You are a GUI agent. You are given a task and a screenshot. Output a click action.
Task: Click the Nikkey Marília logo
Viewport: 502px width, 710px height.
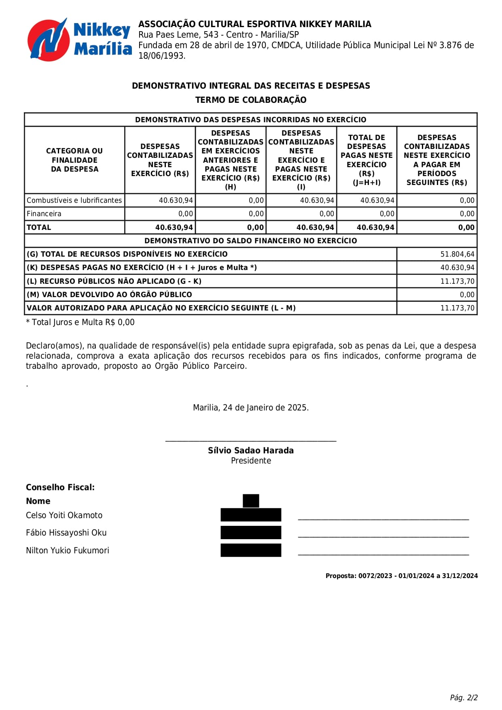click(x=79, y=40)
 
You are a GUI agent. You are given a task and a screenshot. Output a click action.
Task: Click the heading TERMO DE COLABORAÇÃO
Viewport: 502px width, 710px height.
click(x=251, y=100)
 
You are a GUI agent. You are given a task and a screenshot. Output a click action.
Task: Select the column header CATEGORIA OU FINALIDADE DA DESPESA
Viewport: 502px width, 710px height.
click(x=74, y=160)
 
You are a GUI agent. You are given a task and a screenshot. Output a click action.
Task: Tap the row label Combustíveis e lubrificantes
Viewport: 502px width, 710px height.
click(x=74, y=200)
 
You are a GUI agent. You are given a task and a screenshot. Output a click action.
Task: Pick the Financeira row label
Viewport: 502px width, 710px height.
click(x=44, y=214)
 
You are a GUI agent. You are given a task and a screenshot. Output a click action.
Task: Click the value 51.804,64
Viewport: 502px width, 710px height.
click(x=457, y=254)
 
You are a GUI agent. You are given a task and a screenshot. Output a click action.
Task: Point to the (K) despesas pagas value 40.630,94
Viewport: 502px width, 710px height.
click(x=457, y=268)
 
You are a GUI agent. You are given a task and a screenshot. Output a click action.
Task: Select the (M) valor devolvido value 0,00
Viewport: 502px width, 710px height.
click(x=467, y=295)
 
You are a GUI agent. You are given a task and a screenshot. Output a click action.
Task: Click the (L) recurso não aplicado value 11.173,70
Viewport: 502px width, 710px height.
click(x=457, y=281)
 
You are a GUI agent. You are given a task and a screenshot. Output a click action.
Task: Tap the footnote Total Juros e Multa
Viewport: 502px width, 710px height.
click(x=80, y=322)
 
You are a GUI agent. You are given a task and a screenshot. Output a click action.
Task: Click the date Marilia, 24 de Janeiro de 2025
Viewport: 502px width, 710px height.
click(x=251, y=408)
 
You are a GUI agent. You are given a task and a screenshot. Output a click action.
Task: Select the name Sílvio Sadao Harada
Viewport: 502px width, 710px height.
click(x=251, y=451)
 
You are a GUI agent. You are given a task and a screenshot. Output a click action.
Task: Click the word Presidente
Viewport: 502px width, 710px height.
click(x=251, y=461)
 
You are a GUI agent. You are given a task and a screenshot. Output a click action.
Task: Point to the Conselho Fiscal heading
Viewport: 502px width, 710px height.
click(x=60, y=487)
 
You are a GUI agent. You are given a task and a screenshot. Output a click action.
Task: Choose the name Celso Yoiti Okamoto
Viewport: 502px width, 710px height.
click(x=64, y=515)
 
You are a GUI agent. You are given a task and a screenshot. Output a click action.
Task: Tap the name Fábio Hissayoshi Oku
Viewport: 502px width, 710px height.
click(x=66, y=533)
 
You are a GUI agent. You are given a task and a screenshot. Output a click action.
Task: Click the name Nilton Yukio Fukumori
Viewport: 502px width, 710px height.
click(x=68, y=551)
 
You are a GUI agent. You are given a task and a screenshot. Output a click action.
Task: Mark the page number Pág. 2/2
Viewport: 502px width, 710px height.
click(x=464, y=697)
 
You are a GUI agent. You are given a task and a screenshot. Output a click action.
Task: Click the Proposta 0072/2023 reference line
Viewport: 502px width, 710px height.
click(x=401, y=576)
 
